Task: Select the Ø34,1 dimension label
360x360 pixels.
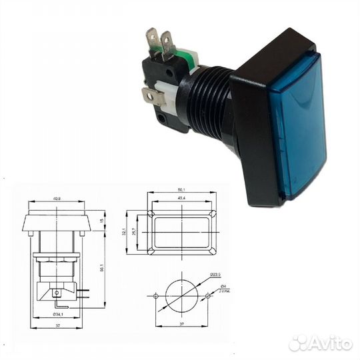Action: [59, 314]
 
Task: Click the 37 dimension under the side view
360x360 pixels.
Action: [59, 325]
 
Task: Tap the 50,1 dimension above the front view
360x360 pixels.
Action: [181, 189]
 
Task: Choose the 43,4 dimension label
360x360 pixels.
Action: [181, 200]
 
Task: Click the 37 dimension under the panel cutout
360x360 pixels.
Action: [182, 324]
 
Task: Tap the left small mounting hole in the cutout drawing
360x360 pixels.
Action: [156, 295]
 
